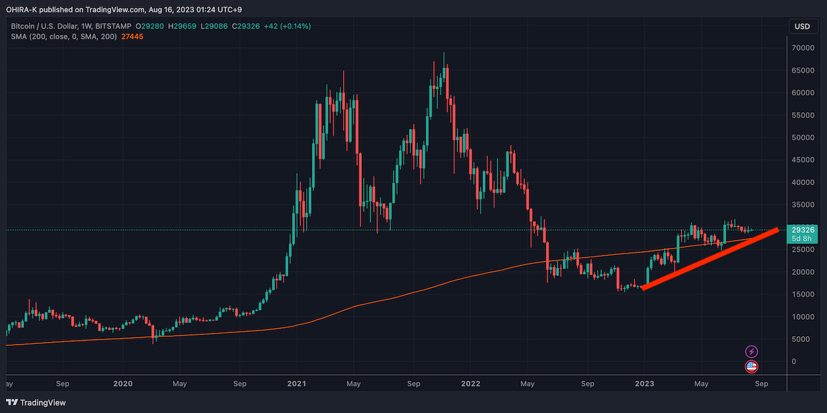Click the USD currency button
[802, 26]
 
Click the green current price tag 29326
[804, 230]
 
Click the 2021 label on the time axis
[297, 384]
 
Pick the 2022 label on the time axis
[470, 384]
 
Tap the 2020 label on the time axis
[123, 384]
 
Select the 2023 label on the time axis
[644, 384]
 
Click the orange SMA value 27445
[132, 37]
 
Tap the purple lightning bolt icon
[751, 352]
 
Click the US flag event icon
[751, 367]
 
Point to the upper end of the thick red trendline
[775, 230]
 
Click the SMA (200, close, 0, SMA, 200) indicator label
[63, 37]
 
